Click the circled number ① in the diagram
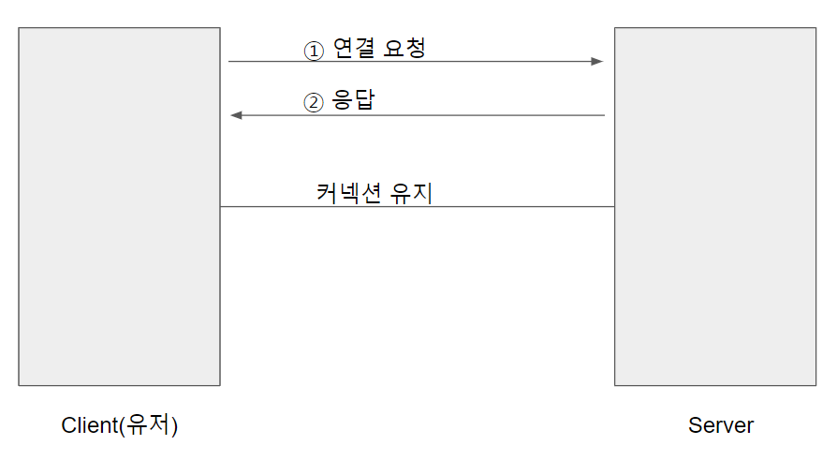click(x=313, y=51)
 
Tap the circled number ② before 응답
click(x=313, y=102)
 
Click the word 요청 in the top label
click(x=404, y=49)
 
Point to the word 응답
click(x=354, y=100)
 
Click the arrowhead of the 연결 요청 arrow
click(x=597, y=62)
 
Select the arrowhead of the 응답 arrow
click(x=236, y=115)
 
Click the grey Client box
click(x=119, y=206)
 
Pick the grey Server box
click(x=715, y=206)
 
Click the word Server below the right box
click(x=721, y=425)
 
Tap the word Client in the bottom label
click(x=89, y=425)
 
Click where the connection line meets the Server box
click(x=614, y=207)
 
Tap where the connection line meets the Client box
click(x=221, y=207)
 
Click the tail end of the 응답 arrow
click(x=604, y=115)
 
